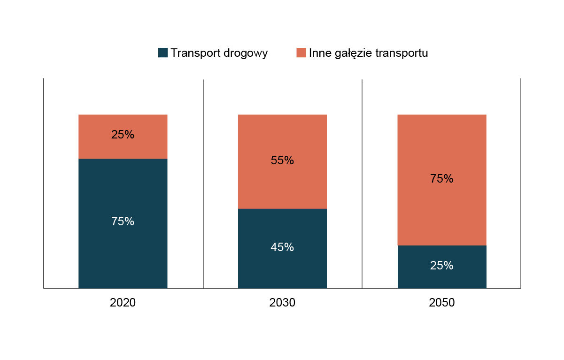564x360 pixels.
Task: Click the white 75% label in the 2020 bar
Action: (123, 222)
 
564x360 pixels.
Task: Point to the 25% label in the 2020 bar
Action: (123, 135)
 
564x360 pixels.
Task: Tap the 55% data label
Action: (282, 161)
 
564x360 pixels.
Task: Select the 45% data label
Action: (282, 247)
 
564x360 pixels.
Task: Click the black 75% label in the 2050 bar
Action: (442, 179)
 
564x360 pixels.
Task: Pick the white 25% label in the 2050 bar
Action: (442, 266)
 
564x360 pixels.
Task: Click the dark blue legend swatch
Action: (163, 53)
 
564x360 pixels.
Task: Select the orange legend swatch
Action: (301, 53)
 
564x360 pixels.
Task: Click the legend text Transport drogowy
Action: (219, 53)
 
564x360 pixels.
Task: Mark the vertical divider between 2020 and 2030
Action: (203, 183)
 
